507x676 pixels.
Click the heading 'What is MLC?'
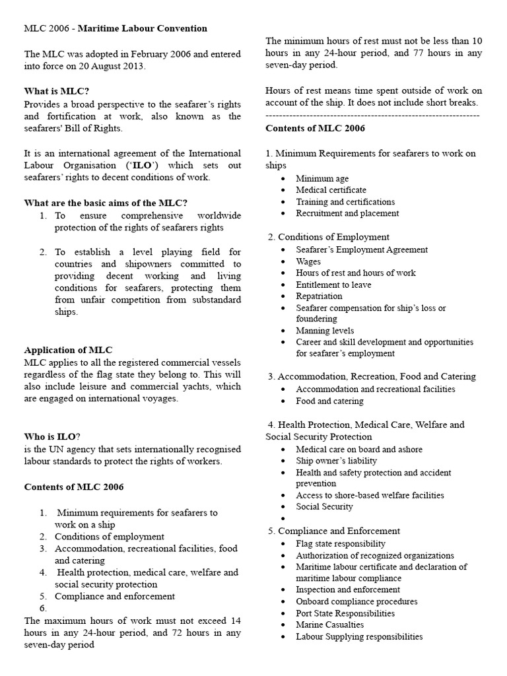(57, 91)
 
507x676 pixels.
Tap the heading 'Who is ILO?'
(53, 436)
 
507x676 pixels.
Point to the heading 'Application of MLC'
(69, 350)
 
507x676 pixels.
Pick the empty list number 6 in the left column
(44, 608)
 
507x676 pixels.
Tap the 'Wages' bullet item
(308, 261)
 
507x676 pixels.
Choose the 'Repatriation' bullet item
(320, 296)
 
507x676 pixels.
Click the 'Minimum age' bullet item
(322, 178)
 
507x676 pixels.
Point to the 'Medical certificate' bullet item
(331, 190)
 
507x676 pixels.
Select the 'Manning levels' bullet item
(325, 331)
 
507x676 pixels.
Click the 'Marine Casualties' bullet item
(329, 625)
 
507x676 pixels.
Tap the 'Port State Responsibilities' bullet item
(345, 613)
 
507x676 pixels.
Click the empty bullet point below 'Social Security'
(283, 519)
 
